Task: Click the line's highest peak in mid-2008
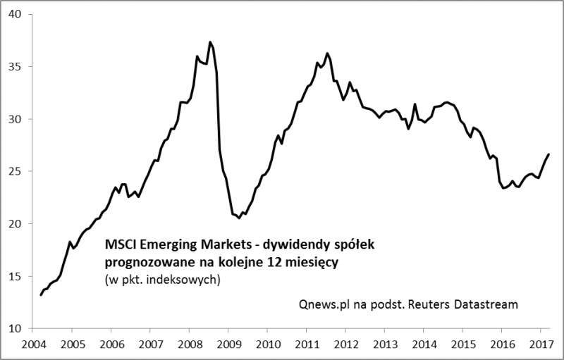point(210,42)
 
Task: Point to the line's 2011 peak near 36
point(327,53)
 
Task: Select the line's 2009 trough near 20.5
point(240,218)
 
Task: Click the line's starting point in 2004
point(40,294)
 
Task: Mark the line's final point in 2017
point(548,154)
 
